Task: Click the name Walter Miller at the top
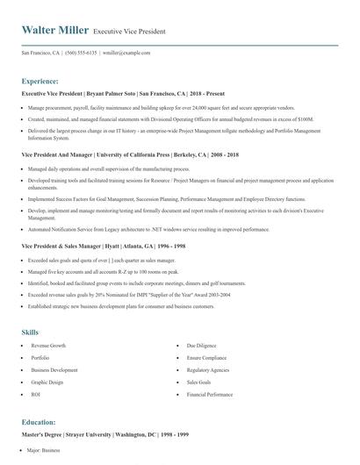click(x=54, y=31)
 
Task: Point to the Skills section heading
click(x=30, y=333)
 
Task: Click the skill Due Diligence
click(x=202, y=347)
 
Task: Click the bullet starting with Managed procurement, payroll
click(x=158, y=107)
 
